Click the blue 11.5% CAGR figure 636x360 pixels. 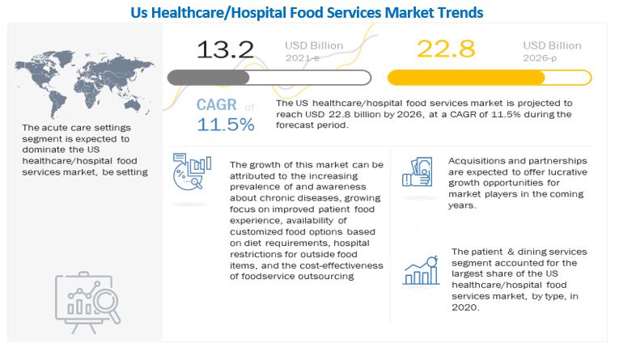225,125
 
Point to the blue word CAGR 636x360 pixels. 218,105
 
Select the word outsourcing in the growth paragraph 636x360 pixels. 327,276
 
